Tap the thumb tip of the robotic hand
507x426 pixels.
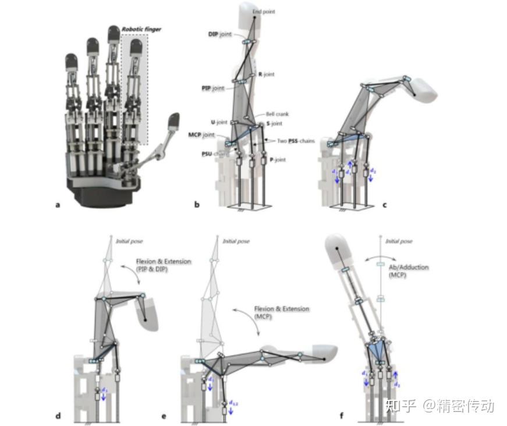(x=174, y=121)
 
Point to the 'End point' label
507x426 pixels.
(x=264, y=12)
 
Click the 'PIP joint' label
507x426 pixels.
(x=210, y=88)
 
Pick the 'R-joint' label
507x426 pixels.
(x=266, y=75)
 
